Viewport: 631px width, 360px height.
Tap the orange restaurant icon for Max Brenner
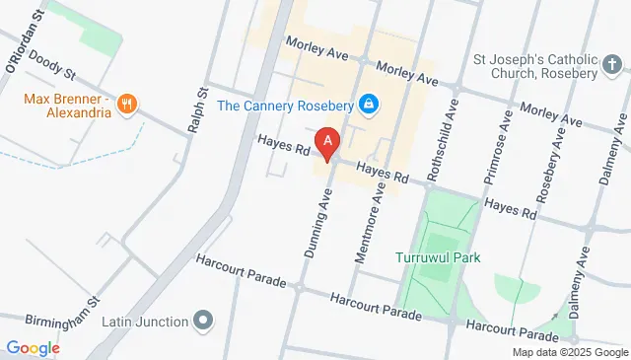pyautogui.click(x=126, y=103)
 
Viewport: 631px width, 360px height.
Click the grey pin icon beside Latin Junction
pyautogui.click(x=203, y=321)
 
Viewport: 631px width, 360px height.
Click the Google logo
pyautogui.click(x=33, y=347)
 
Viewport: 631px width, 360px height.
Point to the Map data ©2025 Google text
pyautogui.click(x=570, y=352)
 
